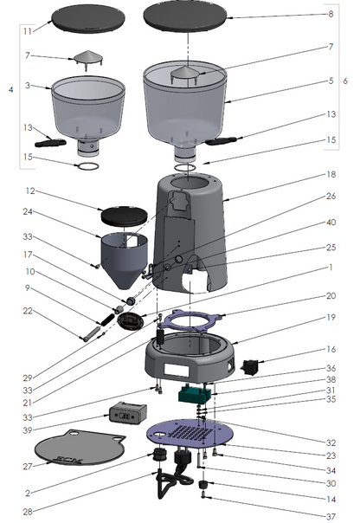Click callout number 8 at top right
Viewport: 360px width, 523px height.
(x=331, y=14)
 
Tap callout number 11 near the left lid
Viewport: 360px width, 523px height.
(x=28, y=31)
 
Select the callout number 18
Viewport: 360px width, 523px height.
(x=331, y=174)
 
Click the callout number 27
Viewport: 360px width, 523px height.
(x=28, y=467)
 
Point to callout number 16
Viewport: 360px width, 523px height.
(x=331, y=350)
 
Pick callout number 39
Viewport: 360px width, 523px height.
(x=28, y=430)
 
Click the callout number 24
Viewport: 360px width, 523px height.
(x=28, y=212)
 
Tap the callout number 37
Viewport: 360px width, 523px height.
(x=331, y=517)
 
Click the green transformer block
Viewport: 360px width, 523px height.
(x=196, y=394)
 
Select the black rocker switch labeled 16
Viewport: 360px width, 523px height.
(x=250, y=366)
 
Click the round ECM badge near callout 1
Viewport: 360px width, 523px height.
(x=131, y=321)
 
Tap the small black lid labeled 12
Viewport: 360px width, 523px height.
(x=124, y=216)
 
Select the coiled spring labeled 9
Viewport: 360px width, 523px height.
(x=106, y=319)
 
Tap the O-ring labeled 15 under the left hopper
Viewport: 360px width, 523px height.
(x=87, y=165)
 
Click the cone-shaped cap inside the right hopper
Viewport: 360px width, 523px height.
(x=184, y=74)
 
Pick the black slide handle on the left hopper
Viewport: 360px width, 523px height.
(x=50, y=143)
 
